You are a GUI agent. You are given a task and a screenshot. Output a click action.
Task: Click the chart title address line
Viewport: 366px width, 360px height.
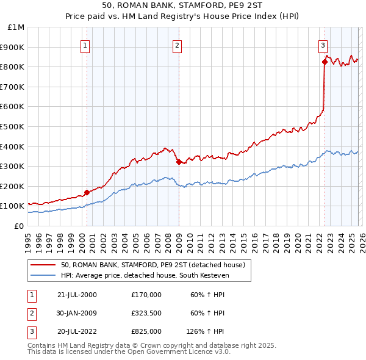tap(183, 5)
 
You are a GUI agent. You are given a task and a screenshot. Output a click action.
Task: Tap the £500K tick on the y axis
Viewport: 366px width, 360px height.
tap(13, 126)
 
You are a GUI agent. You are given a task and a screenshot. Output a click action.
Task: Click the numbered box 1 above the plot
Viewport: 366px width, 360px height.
tap(85, 45)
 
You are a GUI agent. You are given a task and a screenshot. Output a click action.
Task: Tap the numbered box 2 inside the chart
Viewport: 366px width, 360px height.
tap(177, 45)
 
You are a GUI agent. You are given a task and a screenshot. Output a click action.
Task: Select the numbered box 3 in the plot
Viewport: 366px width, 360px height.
tap(323, 45)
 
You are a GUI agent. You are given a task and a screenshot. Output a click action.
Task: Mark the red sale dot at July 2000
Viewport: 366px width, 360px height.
tap(87, 192)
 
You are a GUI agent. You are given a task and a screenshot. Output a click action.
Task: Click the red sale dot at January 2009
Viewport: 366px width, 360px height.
tap(179, 162)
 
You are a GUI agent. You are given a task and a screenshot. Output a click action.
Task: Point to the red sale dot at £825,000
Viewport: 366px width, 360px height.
tap(325, 62)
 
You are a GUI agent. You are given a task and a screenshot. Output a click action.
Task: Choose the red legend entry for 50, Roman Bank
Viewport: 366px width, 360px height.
tap(152, 265)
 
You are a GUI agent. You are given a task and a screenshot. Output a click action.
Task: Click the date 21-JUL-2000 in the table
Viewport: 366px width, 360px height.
tap(77, 295)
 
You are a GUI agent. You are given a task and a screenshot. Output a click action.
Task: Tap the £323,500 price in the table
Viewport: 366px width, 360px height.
tap(146, 313)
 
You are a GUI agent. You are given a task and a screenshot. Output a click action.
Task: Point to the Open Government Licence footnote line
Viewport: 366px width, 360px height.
tap(129, 352)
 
